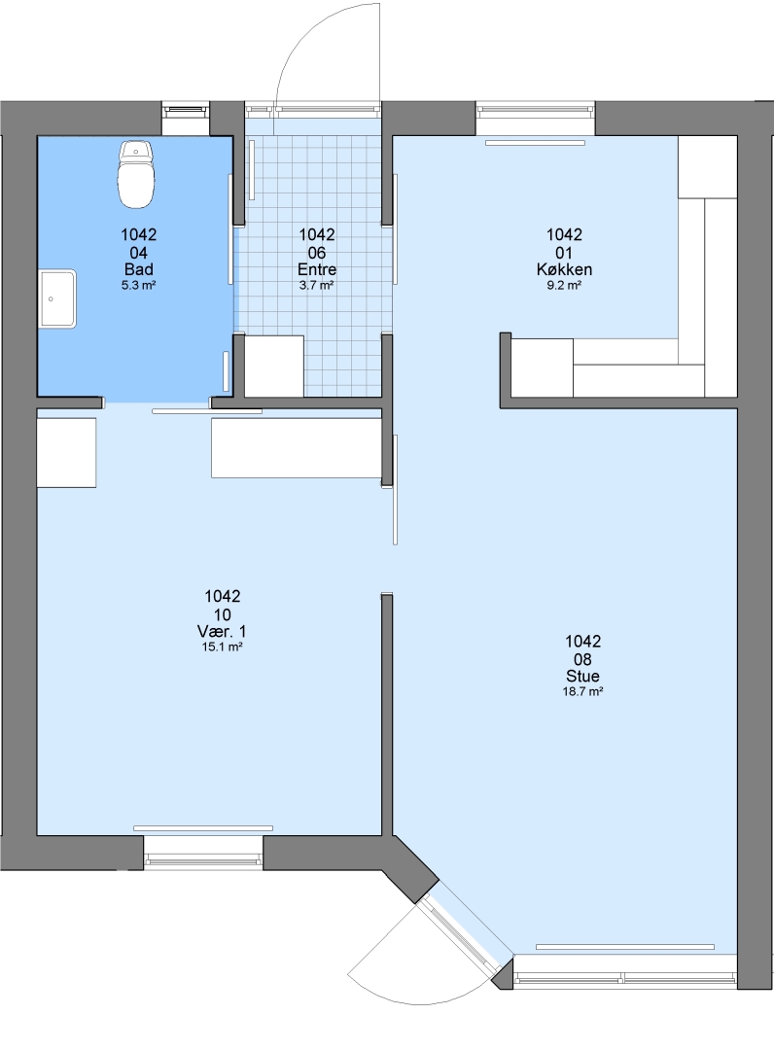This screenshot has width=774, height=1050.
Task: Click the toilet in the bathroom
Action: (x=136, y=173)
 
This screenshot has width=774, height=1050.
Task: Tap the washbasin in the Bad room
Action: (x=57, y=298)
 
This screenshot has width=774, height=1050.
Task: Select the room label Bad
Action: (x=139, y=269)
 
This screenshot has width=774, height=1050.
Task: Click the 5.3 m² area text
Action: (x=139, y=285)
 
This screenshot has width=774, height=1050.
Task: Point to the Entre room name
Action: (x=317, y=269)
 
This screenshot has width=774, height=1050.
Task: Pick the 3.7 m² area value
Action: (x=317, y=285)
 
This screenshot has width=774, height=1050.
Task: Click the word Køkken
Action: (x=564, y=269)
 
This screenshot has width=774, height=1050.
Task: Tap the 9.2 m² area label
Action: (x=564, y=285)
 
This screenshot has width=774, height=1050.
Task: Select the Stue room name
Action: (x=582, y=676)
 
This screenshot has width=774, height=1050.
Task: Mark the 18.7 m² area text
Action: (x=582, y=692)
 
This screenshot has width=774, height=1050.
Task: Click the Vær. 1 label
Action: (x=222, y=631)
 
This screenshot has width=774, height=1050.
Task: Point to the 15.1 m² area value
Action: (x=222, y=647)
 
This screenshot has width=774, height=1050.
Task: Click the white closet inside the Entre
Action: (x=274, y=366)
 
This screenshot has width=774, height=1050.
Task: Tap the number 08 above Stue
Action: (x=582, y=659)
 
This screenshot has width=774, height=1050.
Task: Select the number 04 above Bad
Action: (x=139, y=253)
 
